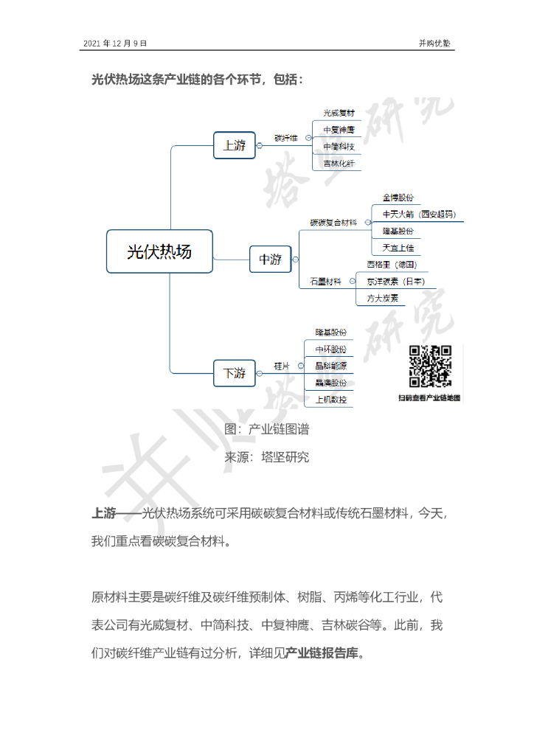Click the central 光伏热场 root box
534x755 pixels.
[159, 252]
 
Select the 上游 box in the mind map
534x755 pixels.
[235, 145]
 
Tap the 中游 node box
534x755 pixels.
[270, 259]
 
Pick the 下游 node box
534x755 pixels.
[235, 373]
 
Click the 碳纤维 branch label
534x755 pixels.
[285, 138]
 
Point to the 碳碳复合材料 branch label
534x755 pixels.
[333, 221]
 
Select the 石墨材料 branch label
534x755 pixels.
[325, 281]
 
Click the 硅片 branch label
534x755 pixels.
[282, 366]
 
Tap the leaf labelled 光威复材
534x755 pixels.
[339, 114]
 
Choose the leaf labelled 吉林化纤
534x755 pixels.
[339, 164]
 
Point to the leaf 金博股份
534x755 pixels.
[398, 198]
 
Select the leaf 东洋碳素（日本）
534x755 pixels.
[395, 281]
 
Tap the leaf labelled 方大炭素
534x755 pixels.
[383, 298]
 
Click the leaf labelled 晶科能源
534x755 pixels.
[330, 366]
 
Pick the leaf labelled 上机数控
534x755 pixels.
[330, 399]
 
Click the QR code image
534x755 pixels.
[430, 366]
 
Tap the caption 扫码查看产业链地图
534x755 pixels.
[429, 397]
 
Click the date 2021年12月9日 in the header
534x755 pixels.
[115, 44]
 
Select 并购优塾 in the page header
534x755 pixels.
[434, 44]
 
